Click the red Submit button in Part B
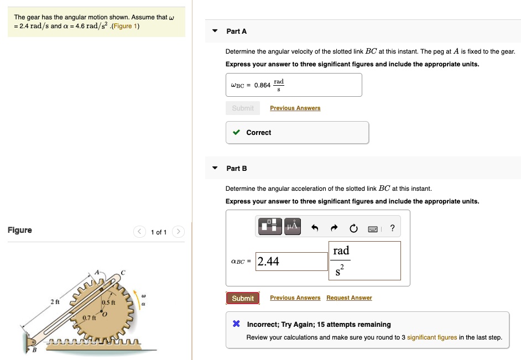point(242,298)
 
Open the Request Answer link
point(349,298)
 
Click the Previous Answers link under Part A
point(295,108)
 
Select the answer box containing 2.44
point(292,262)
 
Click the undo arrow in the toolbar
point(315,227)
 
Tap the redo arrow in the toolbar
point(334,227)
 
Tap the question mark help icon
point(392,227)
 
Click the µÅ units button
point(293,226)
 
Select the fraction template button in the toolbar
point(270,226)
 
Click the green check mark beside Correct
point(236,133)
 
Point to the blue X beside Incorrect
point(236,324)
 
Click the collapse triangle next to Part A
point(215,31)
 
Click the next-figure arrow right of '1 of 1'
point(179,232)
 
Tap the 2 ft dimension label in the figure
point(54,302)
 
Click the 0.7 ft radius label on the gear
point(89,318)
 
